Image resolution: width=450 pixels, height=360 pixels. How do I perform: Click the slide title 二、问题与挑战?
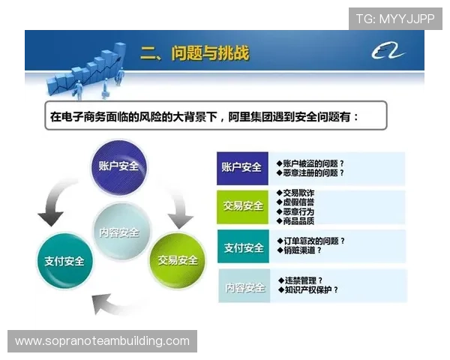195,54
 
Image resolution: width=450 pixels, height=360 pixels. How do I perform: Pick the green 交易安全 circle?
177,260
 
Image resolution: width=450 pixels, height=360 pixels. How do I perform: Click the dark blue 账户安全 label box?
241,167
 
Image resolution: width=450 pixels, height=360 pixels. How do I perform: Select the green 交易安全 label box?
241,206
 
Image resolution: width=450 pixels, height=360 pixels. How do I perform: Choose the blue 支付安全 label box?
241,247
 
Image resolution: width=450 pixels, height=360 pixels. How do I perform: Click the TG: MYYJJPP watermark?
395,18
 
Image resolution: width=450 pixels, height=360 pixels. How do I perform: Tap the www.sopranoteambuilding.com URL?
102,341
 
